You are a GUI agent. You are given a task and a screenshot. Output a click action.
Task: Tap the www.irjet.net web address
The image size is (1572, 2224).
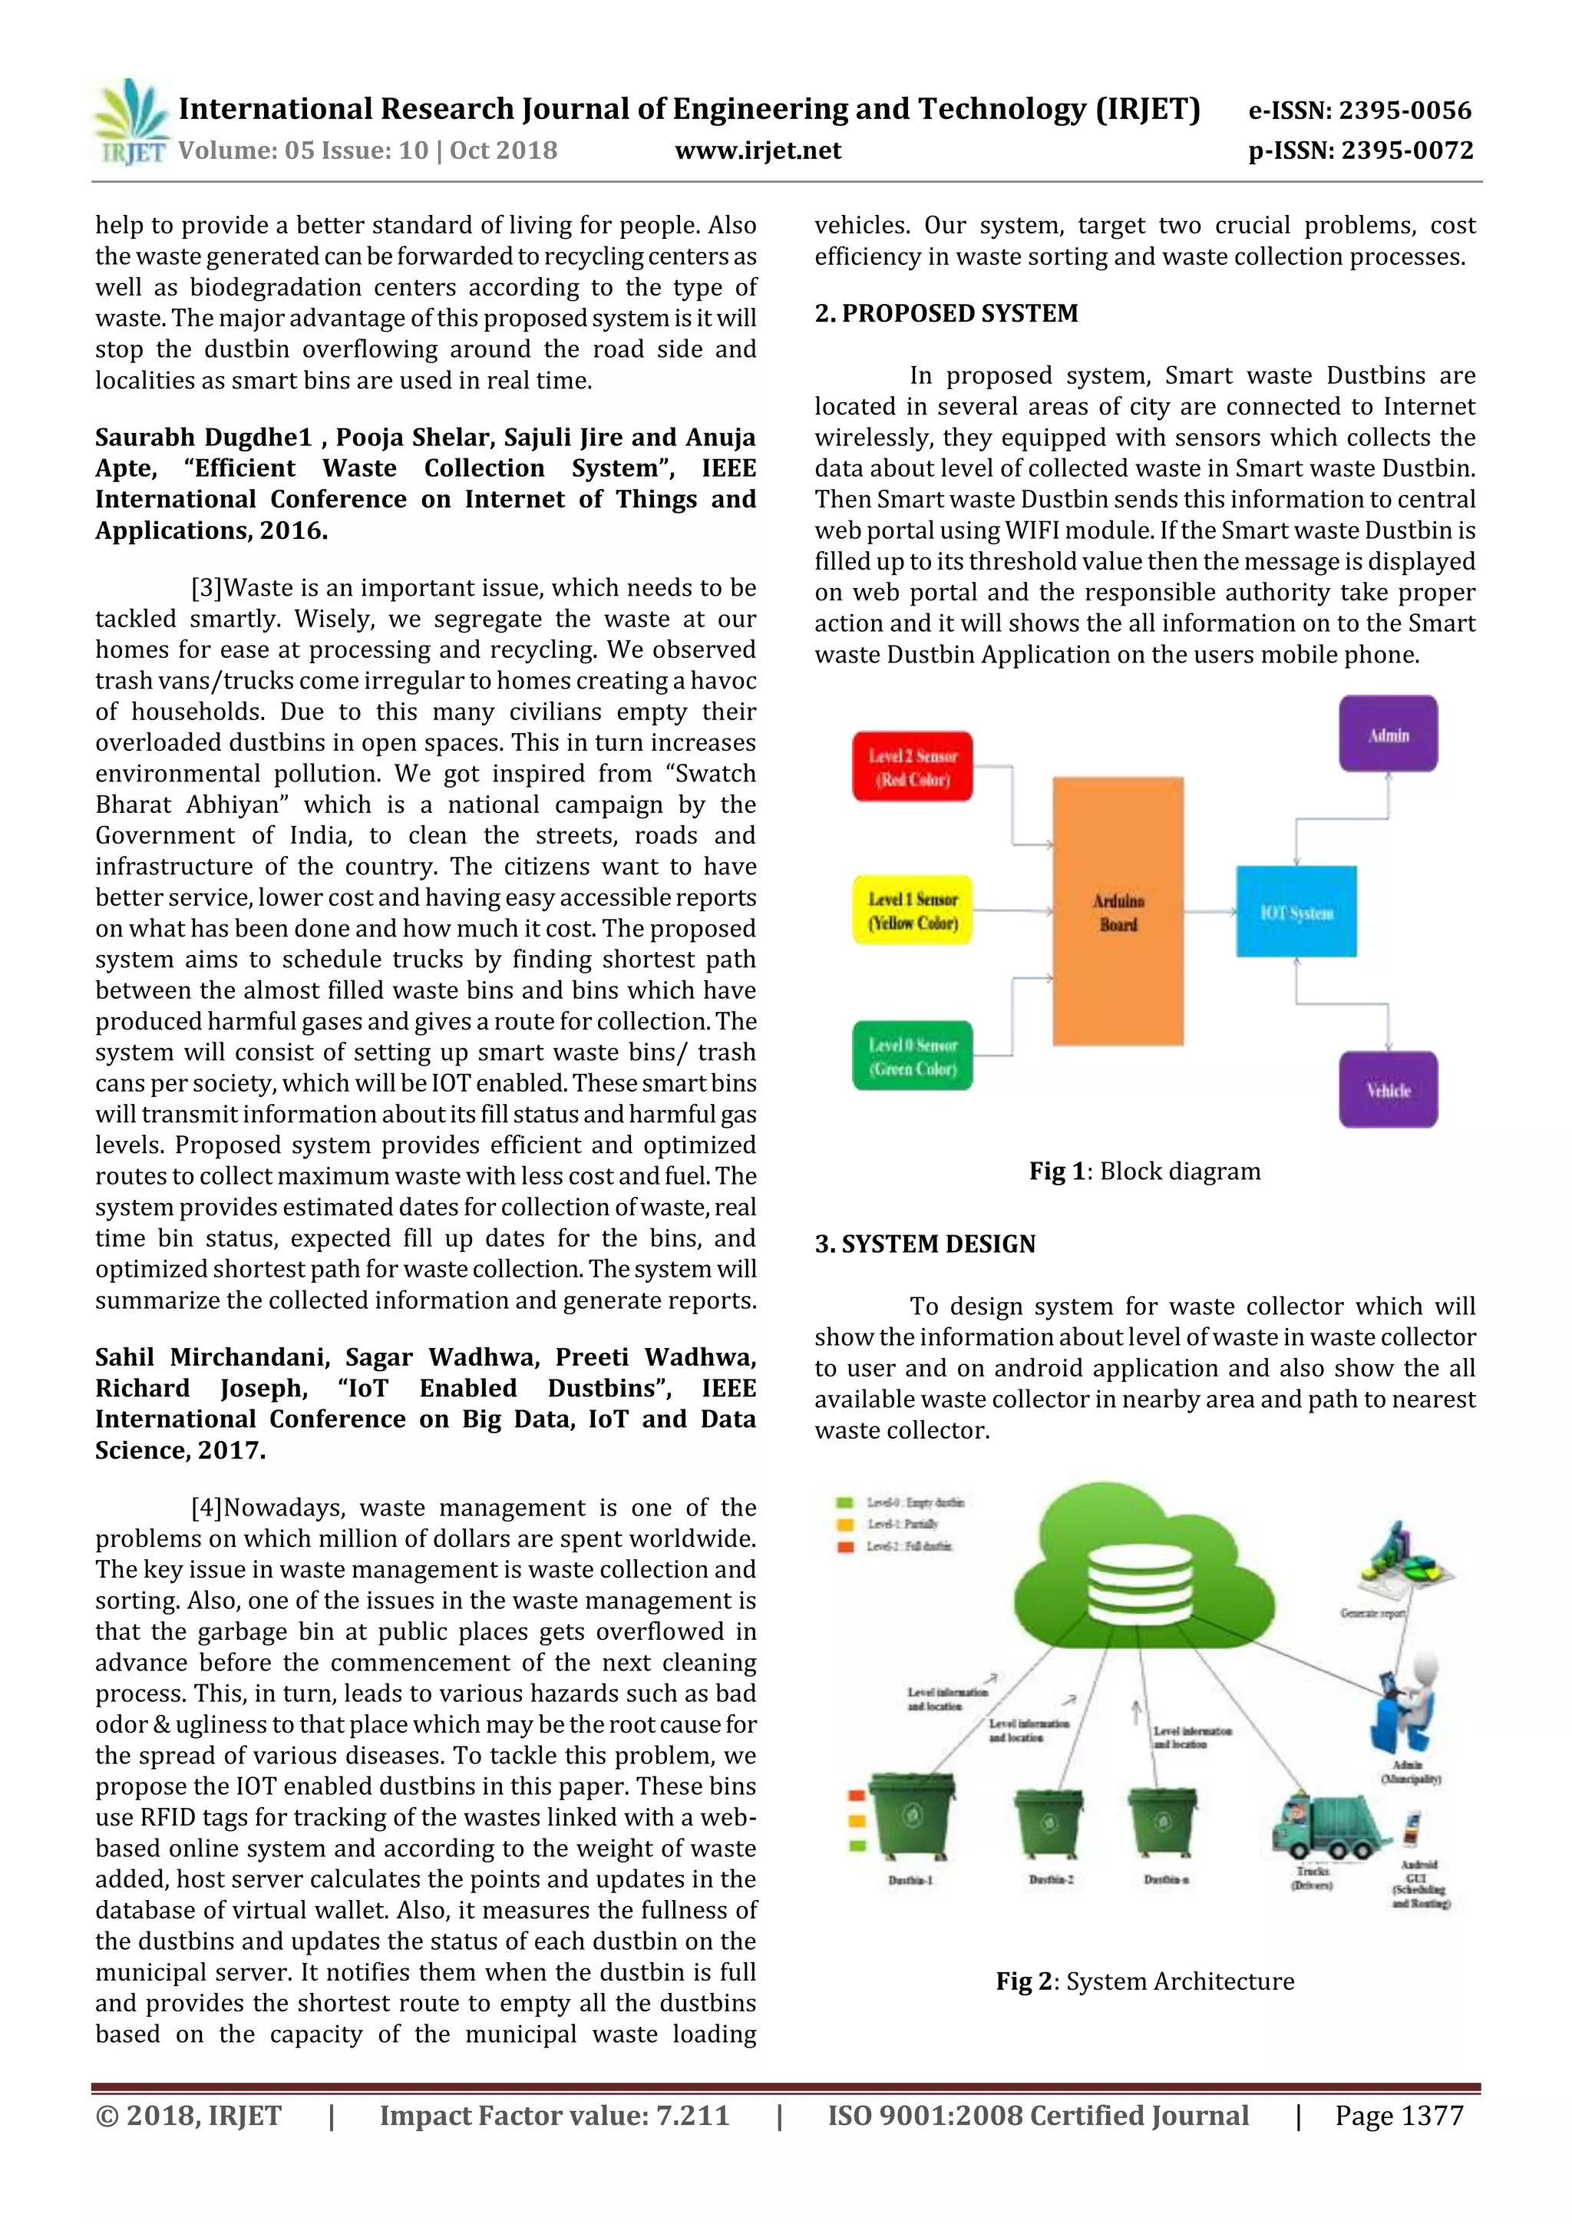[x=758, y=150]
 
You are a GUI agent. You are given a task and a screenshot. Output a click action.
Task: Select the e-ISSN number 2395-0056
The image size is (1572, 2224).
[x=1360, y=111]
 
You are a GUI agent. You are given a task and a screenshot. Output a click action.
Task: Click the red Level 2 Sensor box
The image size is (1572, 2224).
[x=913, y=767]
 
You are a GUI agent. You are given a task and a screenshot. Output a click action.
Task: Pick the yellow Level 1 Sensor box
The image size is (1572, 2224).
[x=913, y=910]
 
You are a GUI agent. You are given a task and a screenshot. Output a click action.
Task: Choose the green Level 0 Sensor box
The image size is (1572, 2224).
[x=913, y=1056]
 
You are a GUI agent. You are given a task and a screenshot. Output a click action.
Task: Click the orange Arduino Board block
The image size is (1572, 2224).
[x=1118, y=911]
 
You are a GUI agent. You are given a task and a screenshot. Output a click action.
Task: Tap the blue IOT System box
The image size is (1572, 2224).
[x=1296, y=911]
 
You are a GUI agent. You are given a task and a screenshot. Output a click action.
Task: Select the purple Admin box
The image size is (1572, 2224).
[x=1387, y=734]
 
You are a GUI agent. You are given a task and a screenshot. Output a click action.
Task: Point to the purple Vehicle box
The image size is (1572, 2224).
[x=1387, y=1089]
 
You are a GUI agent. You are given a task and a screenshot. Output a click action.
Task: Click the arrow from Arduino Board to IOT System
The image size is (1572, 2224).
[x=1210, y=910]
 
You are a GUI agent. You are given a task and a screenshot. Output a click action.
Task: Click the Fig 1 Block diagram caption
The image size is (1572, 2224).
[x=1145, y=1171]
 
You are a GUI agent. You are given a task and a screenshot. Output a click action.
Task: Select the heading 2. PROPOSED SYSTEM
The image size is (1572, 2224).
[x=946, y=314]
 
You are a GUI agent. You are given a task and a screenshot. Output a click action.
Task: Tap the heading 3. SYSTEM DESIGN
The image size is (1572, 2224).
[x=925, y=1244]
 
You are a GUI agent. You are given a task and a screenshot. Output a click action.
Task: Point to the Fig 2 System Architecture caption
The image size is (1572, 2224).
[x=1145, y=1982]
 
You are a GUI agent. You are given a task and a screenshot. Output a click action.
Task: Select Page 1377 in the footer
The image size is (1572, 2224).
[x=1399, y=2116]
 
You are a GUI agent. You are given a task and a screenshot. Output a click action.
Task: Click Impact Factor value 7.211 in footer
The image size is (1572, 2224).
[x=554, y=2116]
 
